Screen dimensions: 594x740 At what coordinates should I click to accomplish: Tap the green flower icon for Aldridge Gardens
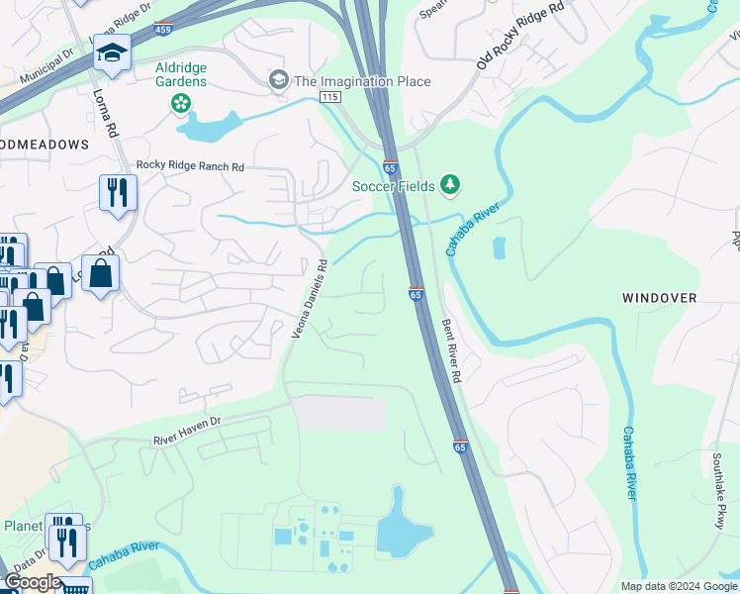pos(181,102)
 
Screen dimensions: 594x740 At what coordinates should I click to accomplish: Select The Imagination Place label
pos(361,81)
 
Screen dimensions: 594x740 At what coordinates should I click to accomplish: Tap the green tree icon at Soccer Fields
pos(450,185)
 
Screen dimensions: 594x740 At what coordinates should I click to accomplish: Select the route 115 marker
pos(330,96)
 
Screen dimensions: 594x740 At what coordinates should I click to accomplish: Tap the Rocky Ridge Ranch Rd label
pos(190,166)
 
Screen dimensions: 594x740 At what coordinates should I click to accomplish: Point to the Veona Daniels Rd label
pos(309,300)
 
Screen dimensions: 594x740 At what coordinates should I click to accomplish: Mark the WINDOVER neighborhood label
pos(659,297)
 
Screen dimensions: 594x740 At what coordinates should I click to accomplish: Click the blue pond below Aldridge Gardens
pos(209,125)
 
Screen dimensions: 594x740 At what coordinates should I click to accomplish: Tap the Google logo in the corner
pos(32,582)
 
